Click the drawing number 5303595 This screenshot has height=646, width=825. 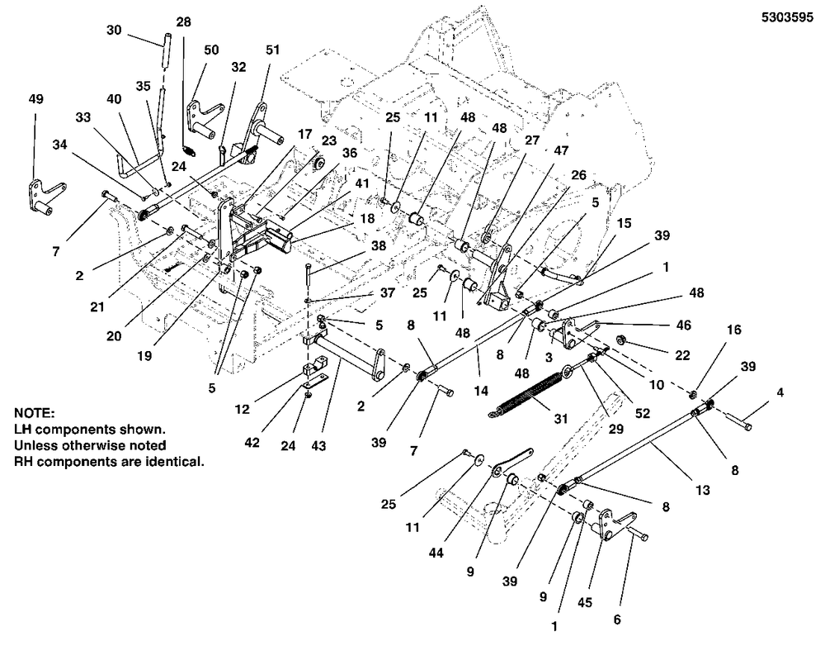click(787, 17)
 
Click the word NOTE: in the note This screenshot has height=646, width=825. click(34, 412)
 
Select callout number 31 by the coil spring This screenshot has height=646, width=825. click(561, 418)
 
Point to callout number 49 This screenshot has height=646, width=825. click(35, 99)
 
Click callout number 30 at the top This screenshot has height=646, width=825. click(114, 30)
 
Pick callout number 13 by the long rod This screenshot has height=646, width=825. click(702, 490)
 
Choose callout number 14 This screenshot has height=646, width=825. click(481, 391)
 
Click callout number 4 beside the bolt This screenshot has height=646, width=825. click(780, 392)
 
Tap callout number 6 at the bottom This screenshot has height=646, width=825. click(617, 619)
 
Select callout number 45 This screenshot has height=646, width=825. click(585, 602)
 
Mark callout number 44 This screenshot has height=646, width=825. click(436, 553)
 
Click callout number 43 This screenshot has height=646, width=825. click(318, 446)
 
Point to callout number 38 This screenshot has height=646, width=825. click(379, 245)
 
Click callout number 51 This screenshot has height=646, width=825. click(272, 50)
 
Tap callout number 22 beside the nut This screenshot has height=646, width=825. click(682, 355)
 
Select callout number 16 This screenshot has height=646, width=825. click(734, 330)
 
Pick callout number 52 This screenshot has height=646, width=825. click(643, 413)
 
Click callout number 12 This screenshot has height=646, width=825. click(242, 409)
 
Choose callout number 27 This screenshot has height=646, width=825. click(532, 140)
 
